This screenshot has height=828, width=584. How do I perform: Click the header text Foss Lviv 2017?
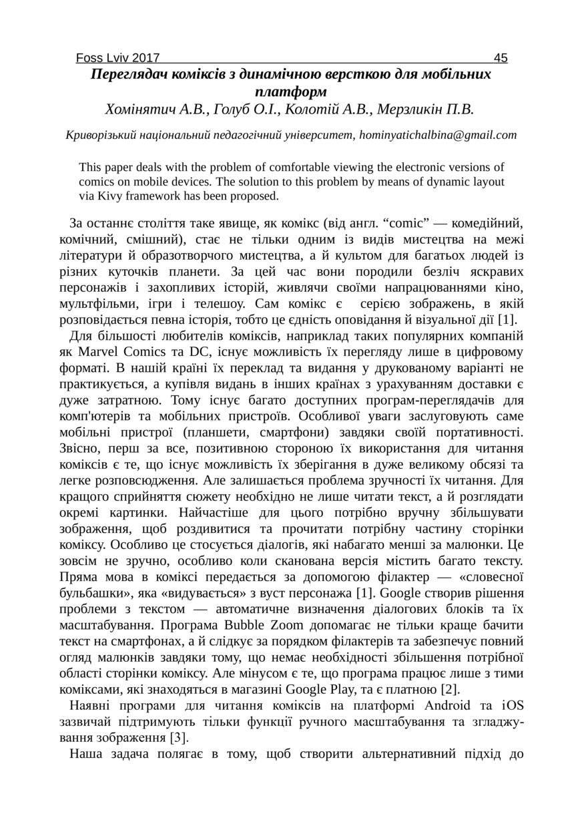click(x=117, y=58)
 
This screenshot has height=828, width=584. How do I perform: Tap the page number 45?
click(x=501, y=58)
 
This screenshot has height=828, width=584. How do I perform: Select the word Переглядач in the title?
click(x=127, y=74)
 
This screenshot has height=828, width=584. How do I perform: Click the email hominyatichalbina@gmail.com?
click(x=438, y=135)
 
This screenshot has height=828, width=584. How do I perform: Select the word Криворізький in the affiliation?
click(x=101, y=135)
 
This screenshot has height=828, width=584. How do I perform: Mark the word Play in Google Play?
click(x=386, y=689)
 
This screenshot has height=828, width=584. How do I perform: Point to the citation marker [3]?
click(x=178, y=737)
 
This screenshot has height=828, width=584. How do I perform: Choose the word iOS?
click(x=512, y=705)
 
